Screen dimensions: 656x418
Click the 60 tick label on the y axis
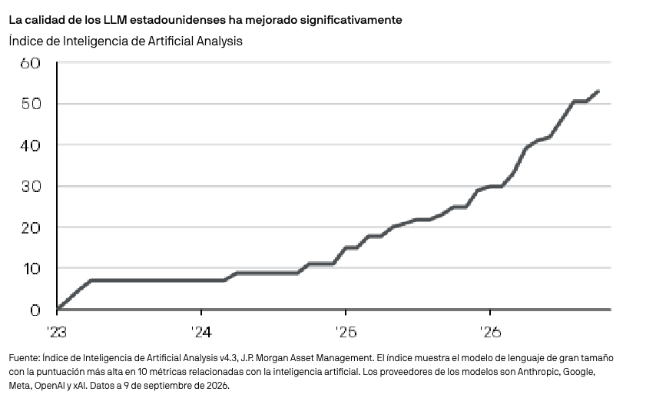coord(30,63)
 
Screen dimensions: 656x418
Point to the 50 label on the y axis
coord(31,104)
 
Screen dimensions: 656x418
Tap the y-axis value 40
coord(31,146)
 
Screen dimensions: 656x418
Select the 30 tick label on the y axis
coord(31,186)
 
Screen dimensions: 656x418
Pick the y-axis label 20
coord(31,227)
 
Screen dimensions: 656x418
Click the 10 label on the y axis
coord(31,269)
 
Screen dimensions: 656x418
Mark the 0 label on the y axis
coord(35,310)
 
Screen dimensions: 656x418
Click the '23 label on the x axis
coord(57,332)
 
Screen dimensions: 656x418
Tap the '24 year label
coord(202,332)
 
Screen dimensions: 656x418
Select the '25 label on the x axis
coord(346,332)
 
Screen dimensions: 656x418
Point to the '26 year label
coord(490,332)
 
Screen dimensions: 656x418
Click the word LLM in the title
coord(115,20)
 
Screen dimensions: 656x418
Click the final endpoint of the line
coord(598,91)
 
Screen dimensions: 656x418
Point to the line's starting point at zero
coord(58,309)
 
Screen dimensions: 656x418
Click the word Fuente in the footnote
coord(25,358)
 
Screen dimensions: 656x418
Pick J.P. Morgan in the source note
coord(263,358)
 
